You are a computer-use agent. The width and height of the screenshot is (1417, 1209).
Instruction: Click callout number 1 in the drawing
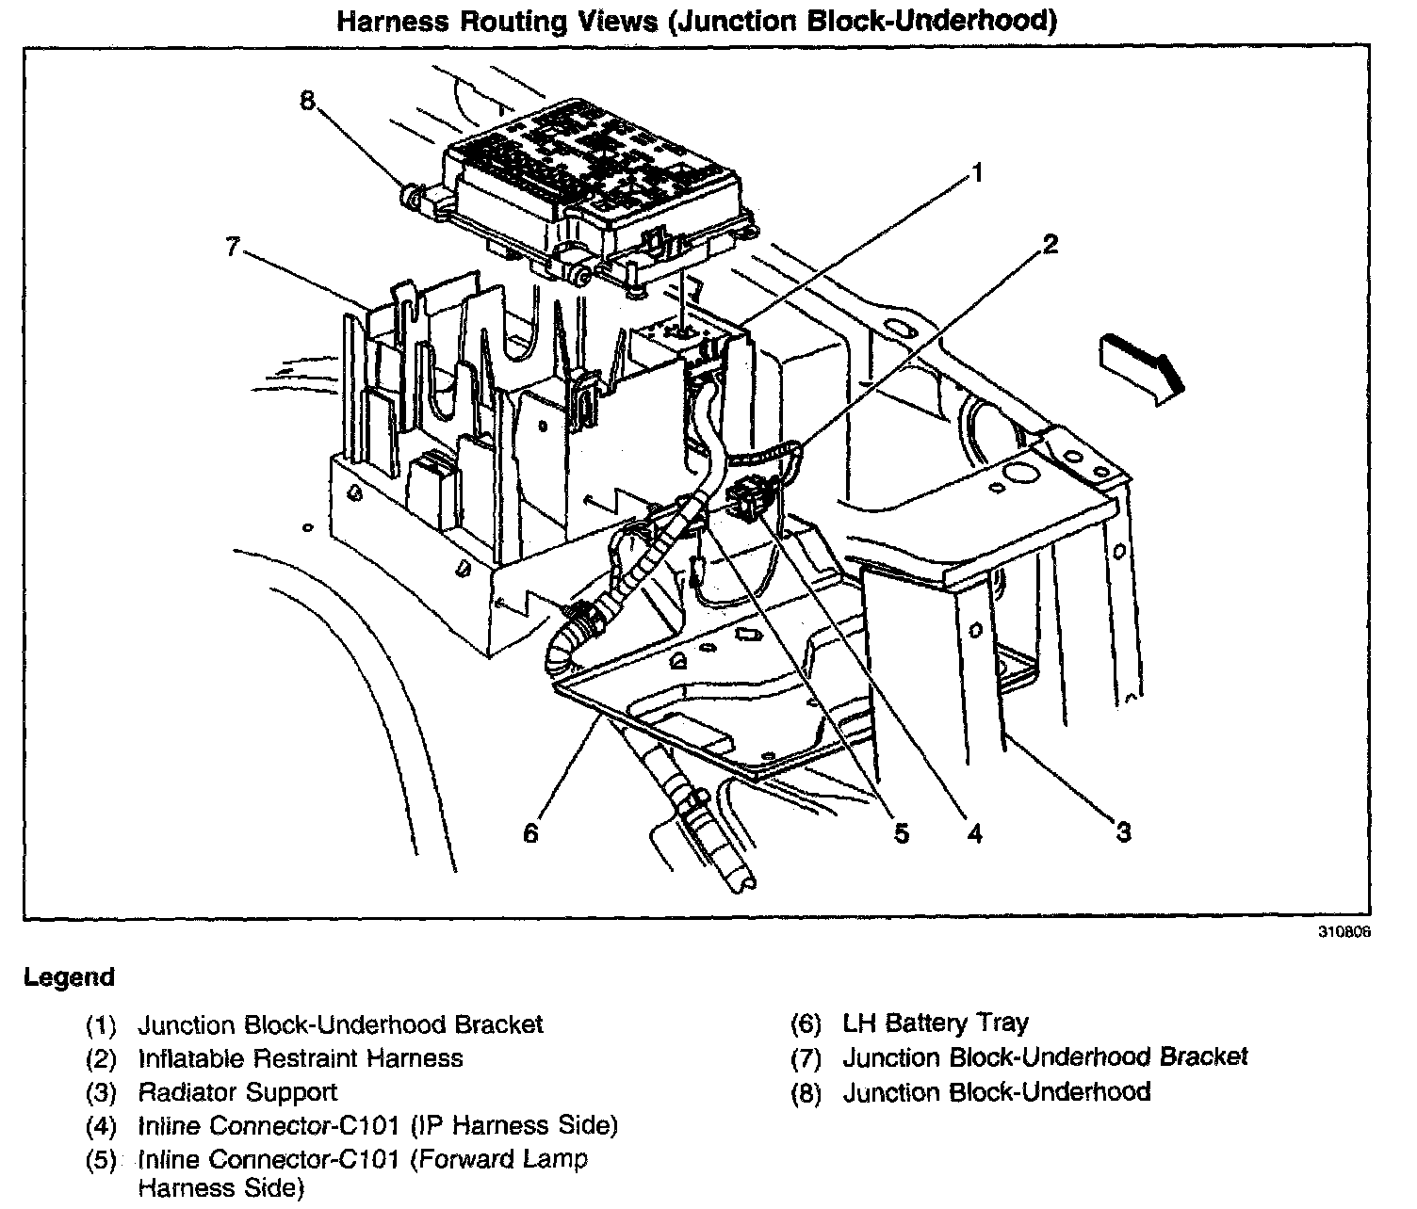point(978,173)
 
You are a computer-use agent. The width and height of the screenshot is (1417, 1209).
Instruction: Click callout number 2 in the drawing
point(1050,245)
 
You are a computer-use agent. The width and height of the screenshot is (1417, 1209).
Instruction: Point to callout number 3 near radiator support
point(1122,831)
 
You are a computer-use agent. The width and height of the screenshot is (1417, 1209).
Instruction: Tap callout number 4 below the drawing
point(973,833)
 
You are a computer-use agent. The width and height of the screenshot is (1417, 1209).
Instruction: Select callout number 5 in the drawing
point(902,833)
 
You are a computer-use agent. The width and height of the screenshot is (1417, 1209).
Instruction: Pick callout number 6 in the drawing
point(530,833)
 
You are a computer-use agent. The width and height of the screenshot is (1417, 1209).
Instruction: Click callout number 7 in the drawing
point(234,247)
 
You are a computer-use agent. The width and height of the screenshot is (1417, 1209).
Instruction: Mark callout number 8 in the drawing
point(307,101)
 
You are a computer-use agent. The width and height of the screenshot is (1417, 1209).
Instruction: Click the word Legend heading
point(70,977)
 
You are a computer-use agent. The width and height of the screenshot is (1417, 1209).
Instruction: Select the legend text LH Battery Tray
point(936,1024)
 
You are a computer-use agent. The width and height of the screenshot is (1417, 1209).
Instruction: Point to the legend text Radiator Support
point(237,1092)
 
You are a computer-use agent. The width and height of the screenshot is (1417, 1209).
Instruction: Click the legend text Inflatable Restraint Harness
point(301,1058)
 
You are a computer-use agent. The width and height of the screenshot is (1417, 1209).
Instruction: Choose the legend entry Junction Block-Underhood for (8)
point(997,1092)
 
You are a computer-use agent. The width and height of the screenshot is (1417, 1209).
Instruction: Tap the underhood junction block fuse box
point(594,179)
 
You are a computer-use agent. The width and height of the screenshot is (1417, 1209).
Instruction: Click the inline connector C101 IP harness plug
point(751,496)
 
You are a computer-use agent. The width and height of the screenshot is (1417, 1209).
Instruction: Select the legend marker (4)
point(101,1126)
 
